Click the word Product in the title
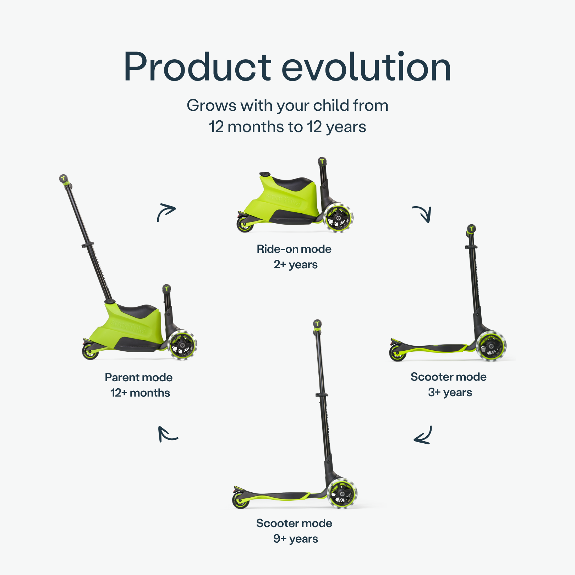[x=197, y=67]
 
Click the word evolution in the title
[x=366, y=67]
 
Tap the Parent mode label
[x=138, y=377]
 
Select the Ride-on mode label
[x=294, y=249]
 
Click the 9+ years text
[x=295, y=539]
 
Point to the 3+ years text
[x=450, y=393]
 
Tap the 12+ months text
[x=140, y=393]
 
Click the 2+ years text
[x=295, y=265]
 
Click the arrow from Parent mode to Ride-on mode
[x=166, y=212]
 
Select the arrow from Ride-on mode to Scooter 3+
[x=423, y=214]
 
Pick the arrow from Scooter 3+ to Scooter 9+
[x=423, y=436]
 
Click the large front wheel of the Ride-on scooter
[x=338, y=218]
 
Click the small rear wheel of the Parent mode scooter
[x=90, y=352]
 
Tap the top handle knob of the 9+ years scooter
[x=317, y=324]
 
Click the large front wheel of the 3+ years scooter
[x=491, y=346]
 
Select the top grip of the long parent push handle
[x=64, y=179]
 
